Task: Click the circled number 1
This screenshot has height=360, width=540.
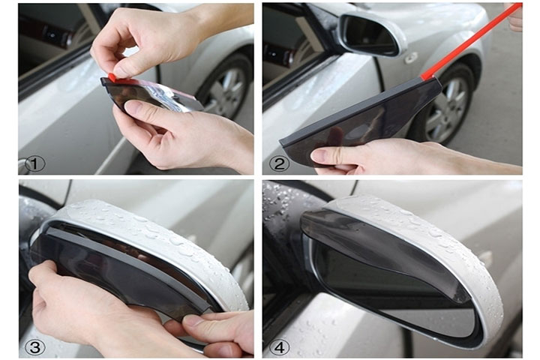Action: coord(34,164)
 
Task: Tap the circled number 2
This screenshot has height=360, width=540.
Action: coord(278,163)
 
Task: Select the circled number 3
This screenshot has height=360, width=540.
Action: coord(34,347)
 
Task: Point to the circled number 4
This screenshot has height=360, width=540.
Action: coord(278,347)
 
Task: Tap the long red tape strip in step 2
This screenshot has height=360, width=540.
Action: coord(472,40)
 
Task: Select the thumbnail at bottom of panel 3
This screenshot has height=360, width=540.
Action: coord(192,321)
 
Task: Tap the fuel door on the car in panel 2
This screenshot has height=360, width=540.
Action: coord(412,57)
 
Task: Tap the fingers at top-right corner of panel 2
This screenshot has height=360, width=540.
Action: coord(515,17)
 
